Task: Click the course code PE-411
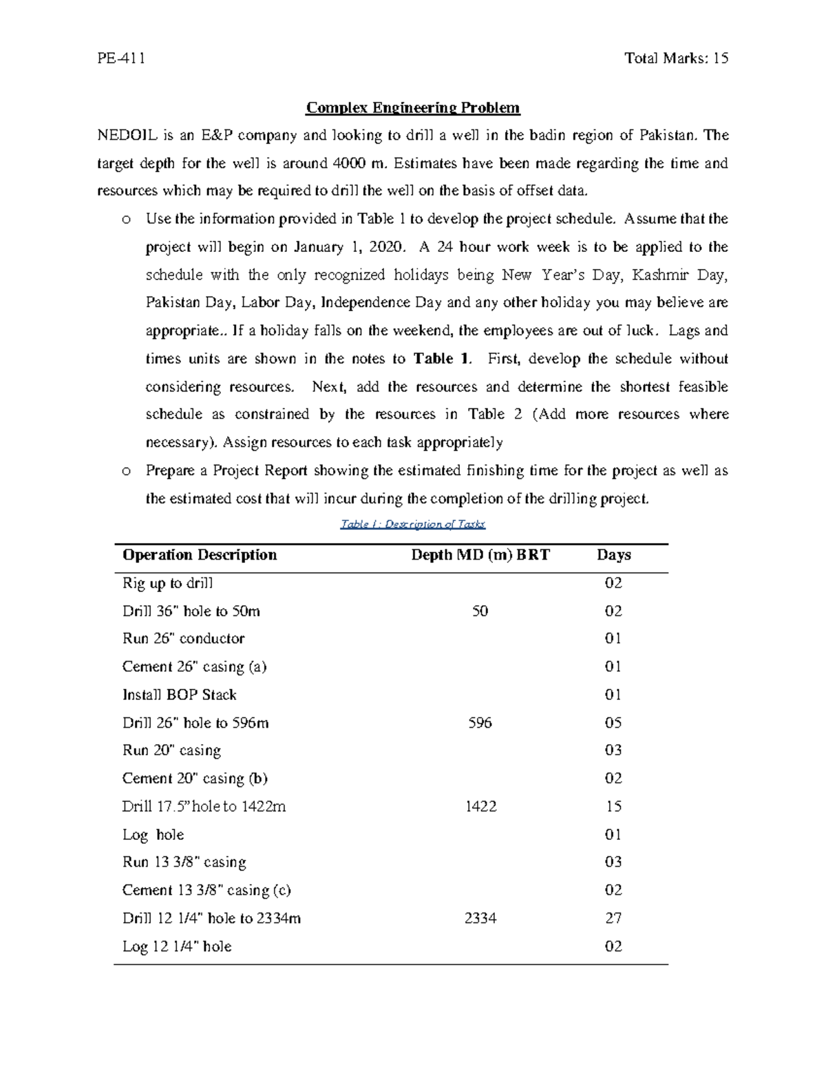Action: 121,59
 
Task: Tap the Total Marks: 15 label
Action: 676,59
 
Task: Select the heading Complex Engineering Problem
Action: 413,108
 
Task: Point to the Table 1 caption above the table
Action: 413,525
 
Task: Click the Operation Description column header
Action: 200,555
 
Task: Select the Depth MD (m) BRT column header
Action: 480,555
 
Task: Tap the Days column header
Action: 613,555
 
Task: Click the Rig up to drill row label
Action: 167,584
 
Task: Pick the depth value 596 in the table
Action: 480,723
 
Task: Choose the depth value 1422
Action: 480,807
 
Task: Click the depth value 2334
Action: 480,918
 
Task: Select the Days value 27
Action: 613,918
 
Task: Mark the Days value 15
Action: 613,807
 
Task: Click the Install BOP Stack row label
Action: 179,695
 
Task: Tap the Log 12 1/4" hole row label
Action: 177,947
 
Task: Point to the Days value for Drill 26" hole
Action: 613,723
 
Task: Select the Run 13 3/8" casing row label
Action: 184,862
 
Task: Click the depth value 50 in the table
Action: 480,611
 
